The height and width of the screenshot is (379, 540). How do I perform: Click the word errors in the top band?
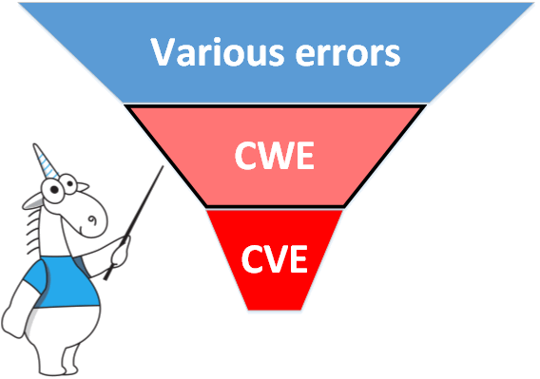click(x=348, y=54)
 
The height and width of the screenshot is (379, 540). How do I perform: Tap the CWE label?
click(x=275, y=156)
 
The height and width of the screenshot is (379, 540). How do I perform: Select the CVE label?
click(x=275, y=259)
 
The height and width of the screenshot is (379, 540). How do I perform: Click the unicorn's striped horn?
click(x=45, y=161)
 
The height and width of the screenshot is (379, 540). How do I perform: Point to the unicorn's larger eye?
click(x=53, y=190)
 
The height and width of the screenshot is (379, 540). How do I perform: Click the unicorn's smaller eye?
click(x=69, y=184)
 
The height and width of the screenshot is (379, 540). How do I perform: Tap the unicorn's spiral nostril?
click(x=92, y=219)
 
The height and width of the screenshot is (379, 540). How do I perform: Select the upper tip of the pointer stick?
click(x=163, y=166)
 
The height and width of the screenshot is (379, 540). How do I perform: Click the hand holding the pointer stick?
click(x=120, y=253)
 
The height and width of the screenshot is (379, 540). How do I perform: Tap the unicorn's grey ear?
click(x=33, y=202)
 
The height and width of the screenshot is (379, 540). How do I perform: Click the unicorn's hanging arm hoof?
click(x=13, y=322)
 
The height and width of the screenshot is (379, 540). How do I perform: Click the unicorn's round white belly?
click(x=66, y=331)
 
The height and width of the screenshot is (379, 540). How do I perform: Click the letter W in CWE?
click(x=276, y=156)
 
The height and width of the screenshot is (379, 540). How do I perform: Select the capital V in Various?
click(x=164, y=51)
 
